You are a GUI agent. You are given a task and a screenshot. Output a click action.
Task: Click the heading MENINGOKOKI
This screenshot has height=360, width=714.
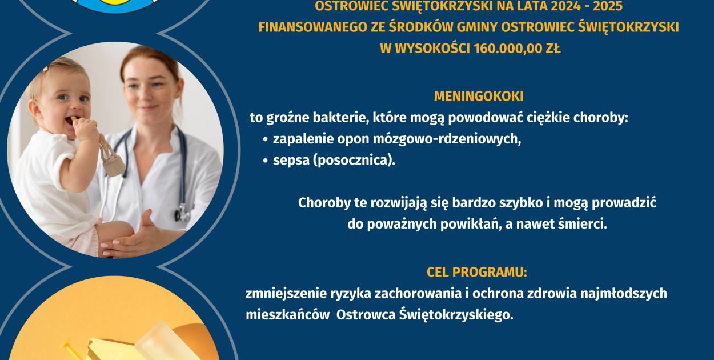tap(479, 97)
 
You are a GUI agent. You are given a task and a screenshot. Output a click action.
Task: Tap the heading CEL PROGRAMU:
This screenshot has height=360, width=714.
tap(477, 272)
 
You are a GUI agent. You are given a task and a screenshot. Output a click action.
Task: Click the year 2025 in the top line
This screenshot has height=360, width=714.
tap(608, 6)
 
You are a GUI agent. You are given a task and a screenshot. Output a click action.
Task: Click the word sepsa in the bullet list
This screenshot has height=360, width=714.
tap(291, 161)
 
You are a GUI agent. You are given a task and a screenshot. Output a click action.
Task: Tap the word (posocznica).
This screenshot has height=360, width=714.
tap(354, 160)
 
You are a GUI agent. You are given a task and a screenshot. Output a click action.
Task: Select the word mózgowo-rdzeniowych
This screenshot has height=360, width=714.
tap(447, 139)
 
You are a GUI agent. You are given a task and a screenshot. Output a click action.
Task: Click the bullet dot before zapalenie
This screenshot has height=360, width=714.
tap(265, 140)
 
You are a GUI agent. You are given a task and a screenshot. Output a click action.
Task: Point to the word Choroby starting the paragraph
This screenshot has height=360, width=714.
tap(324, 203)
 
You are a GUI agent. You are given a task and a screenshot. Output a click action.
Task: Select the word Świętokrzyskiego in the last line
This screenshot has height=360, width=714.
tap(456, 315)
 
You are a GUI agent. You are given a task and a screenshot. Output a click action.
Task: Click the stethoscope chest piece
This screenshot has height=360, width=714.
tap(182, 213)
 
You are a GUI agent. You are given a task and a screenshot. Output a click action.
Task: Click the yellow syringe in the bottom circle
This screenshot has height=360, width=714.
tap(72, 351)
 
